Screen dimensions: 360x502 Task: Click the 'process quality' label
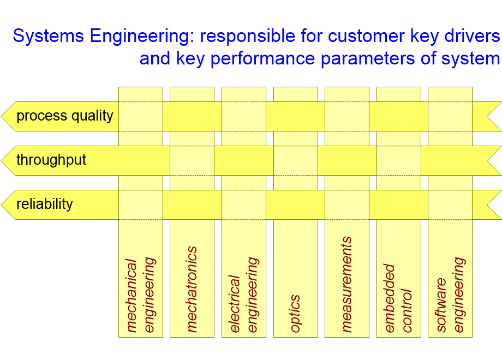(65, 116)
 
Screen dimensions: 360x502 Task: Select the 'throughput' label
(51, 160)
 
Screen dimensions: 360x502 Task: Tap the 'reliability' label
(45, 205)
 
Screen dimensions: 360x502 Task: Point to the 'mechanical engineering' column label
(141, 295)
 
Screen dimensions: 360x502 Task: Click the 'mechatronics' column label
(192, 289)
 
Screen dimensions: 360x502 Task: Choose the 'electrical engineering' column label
(243, 295)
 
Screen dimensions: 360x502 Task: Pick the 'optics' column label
(295, 314)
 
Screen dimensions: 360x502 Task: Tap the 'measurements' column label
(346, 284)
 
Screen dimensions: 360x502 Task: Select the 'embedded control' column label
(398, 298)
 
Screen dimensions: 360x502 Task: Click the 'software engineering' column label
(450, 295)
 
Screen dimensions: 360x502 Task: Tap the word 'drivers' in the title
(471, 37)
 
